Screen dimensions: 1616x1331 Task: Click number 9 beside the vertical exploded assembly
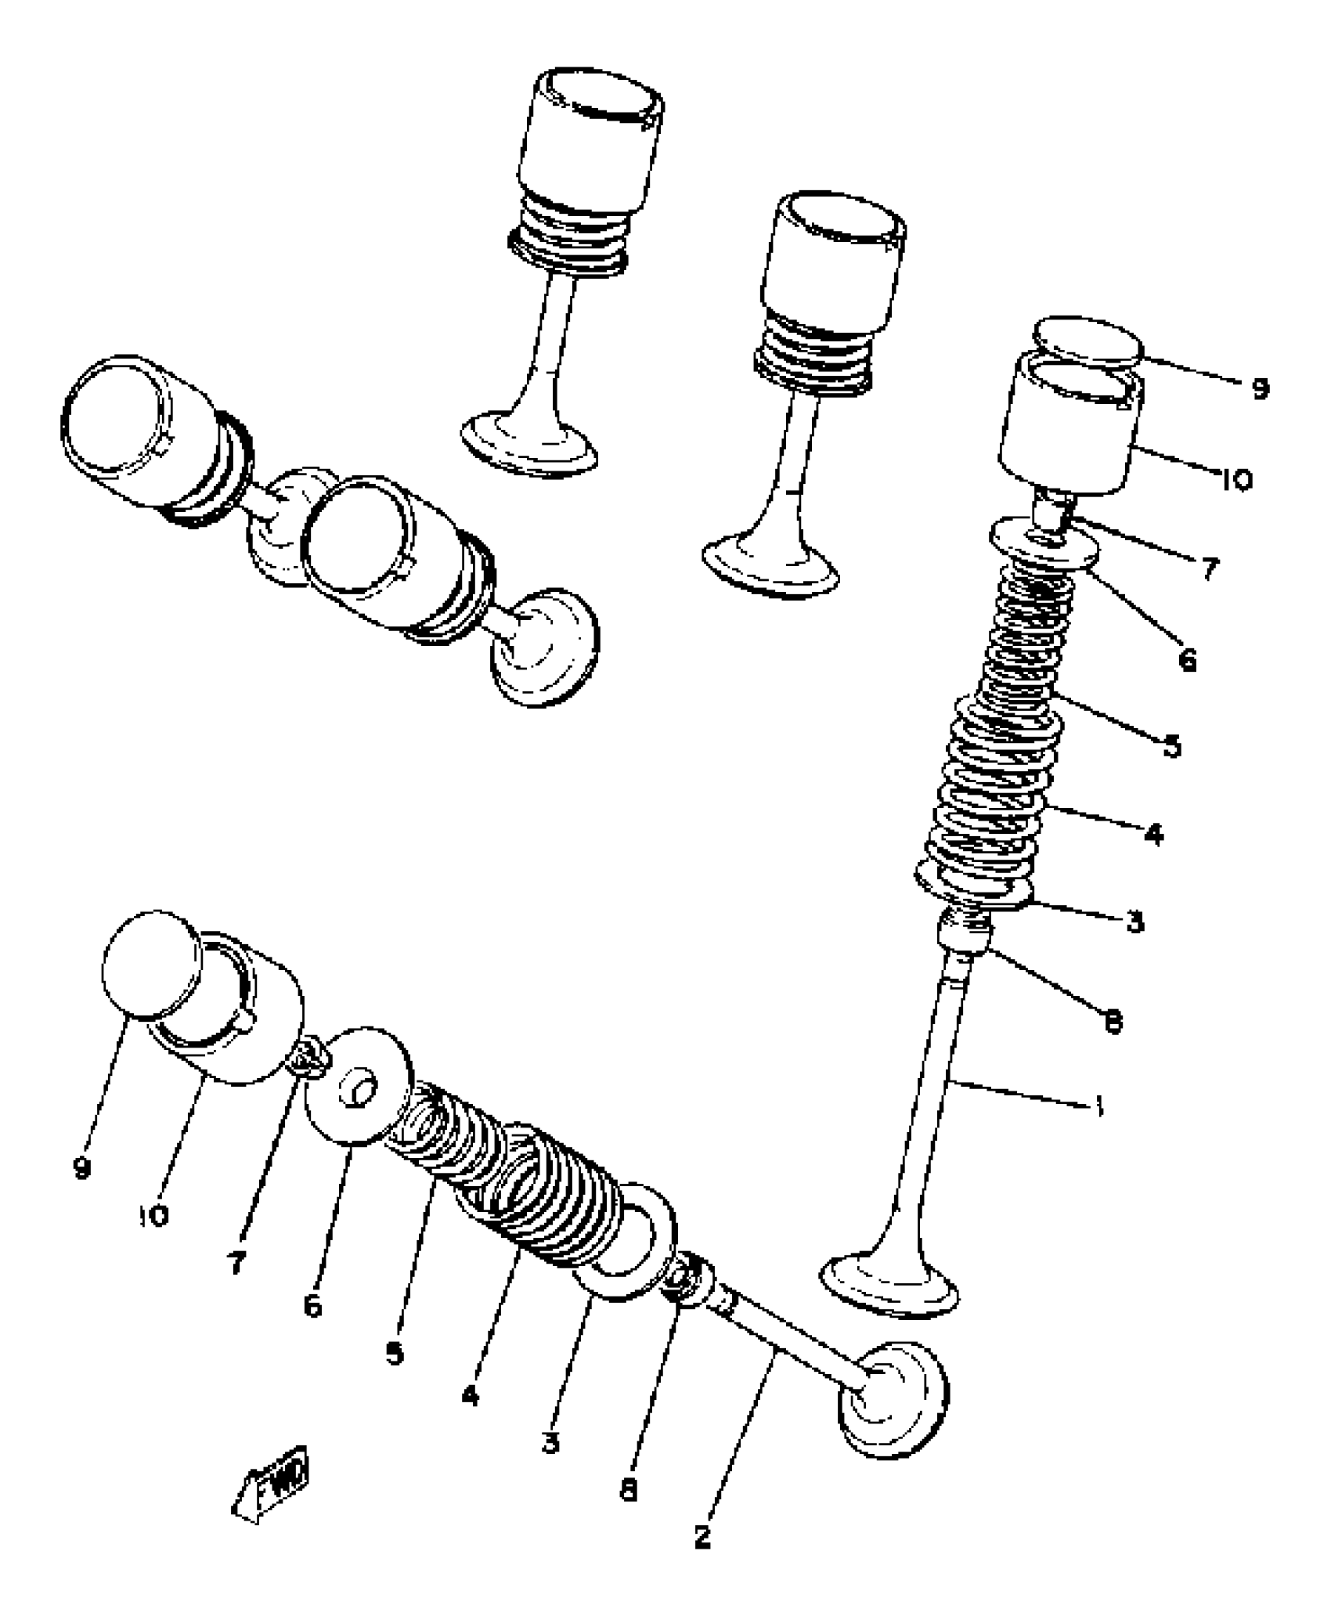click(1259, 388)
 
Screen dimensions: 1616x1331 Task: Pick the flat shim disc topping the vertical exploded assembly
click(1088, 343)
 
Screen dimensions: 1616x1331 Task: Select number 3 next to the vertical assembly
click(1135, 922)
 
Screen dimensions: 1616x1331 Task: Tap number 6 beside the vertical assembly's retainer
click(1187, 660)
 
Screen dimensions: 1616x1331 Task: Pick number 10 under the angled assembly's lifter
click(154, 1215)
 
